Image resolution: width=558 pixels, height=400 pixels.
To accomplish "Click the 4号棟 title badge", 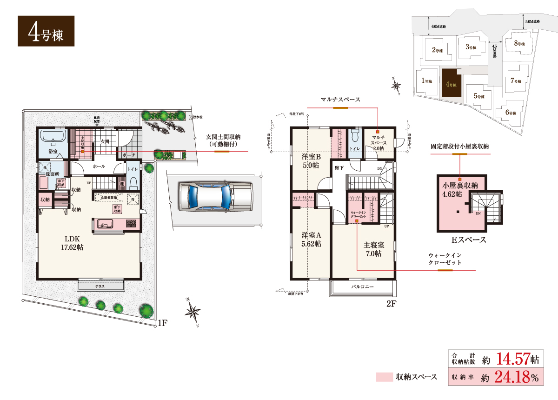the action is click(x=46, y=31).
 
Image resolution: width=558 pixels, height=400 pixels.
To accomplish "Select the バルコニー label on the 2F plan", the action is click(x=362, y=287).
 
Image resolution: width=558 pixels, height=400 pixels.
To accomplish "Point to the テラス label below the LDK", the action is click(x=100, y=287).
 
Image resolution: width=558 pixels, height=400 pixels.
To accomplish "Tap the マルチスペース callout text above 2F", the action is click(x=340, y=100).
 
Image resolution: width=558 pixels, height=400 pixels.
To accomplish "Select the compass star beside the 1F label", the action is click(x=193, y=311).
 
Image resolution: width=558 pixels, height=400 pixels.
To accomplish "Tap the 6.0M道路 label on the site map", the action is click(x=438, y=27).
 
